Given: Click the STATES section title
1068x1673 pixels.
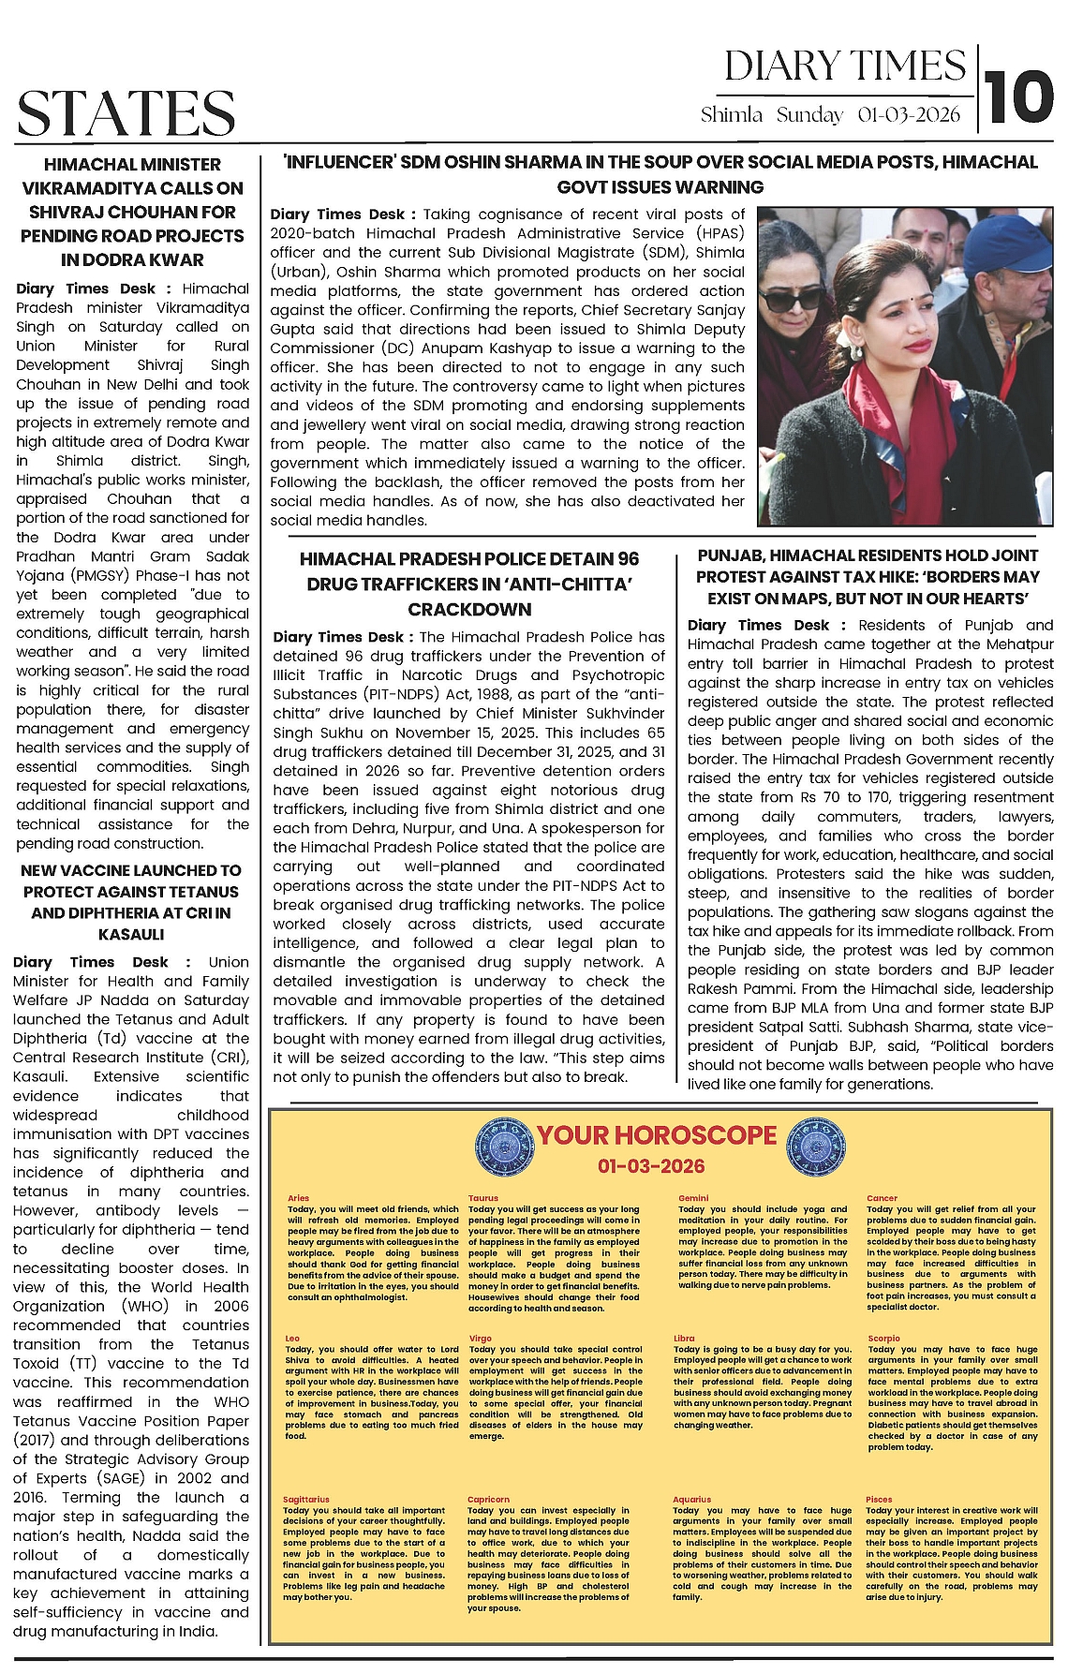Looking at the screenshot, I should (x=126, y=113).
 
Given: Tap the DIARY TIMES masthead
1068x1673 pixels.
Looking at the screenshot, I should (x=845, y=66).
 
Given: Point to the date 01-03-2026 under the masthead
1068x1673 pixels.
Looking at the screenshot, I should (x=909, y=114).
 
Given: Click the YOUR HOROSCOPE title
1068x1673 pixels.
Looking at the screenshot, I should (x=656, y=1135).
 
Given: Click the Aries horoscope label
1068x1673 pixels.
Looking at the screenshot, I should (x=298, y=1198).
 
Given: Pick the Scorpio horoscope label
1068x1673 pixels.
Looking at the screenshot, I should (x=883, y=1339).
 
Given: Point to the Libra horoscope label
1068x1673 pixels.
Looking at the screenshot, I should (x=684, y=1339).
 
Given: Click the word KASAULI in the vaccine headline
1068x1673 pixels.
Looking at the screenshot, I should (x=131, y=934).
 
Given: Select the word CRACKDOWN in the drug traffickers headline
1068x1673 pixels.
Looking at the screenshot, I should (x=468, y=609).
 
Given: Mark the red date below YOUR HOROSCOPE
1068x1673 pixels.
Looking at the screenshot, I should (x=651, y=1166).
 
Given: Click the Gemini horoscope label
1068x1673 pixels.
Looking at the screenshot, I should (x=693, y=1198).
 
